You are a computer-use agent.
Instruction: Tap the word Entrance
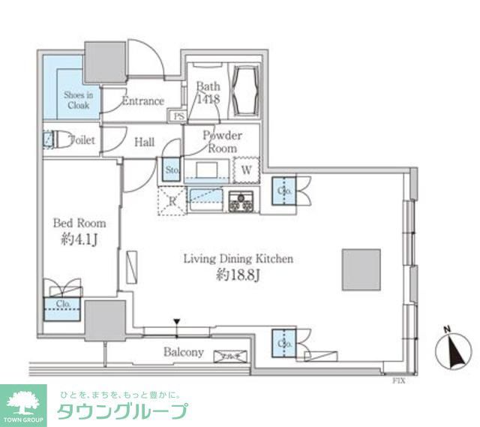pos(142,101)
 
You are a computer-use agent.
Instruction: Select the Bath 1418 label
pos(207,92)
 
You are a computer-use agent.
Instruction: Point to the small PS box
pos(179,116)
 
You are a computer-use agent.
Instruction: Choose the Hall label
pos(144,141)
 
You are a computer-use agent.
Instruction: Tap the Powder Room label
pos(223,142)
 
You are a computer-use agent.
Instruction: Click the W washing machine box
pos(245,170)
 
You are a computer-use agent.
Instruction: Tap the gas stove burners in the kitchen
pos(242,200)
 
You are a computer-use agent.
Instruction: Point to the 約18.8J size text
pos(237,275)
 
